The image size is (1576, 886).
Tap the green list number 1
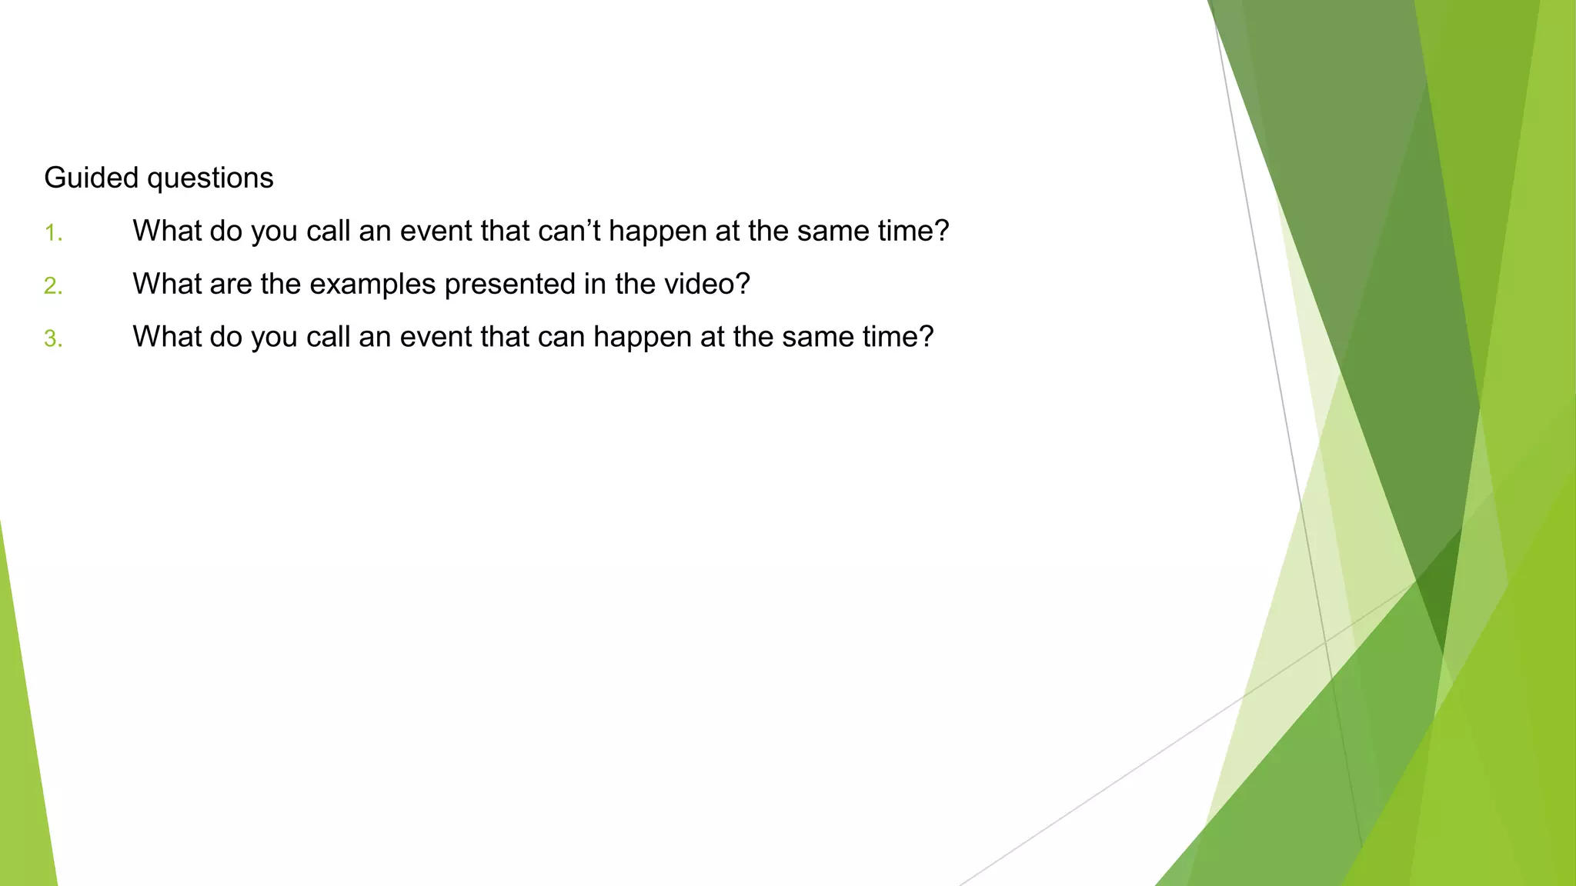point(52,233)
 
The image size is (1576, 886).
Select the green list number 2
point(53,286)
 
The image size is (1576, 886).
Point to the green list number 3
point(53,339)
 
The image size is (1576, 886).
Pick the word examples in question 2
point(372,285)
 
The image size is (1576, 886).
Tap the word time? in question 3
point(898,337)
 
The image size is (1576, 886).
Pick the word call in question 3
point(328,337)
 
